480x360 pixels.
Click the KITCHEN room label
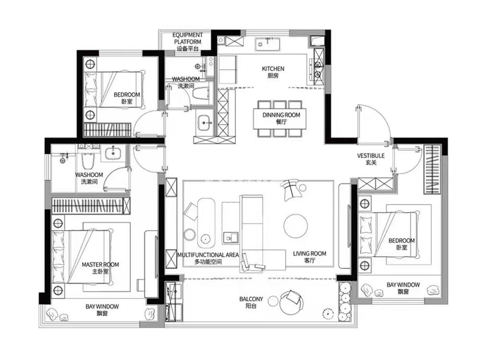click(273, 72)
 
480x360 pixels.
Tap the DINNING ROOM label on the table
click(281, 118)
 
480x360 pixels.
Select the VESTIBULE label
click(371, 159)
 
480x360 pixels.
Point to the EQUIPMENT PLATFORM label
click(187, 42)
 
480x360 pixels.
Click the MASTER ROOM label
click(100, 268)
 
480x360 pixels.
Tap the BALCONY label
click(251, 302)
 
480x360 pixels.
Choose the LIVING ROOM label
click(310, 257)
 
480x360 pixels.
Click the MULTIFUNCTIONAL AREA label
click(208, 258)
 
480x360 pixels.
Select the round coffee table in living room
click(295, 226)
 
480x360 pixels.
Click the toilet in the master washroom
click(87, 159)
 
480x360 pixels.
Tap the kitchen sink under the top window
click(267, 44)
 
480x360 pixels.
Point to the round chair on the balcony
click(291, 302)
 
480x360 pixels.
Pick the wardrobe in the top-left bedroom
click(108, 130)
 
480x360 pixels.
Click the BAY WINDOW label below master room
click(102, 310)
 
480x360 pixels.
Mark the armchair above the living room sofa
click(291, 190)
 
